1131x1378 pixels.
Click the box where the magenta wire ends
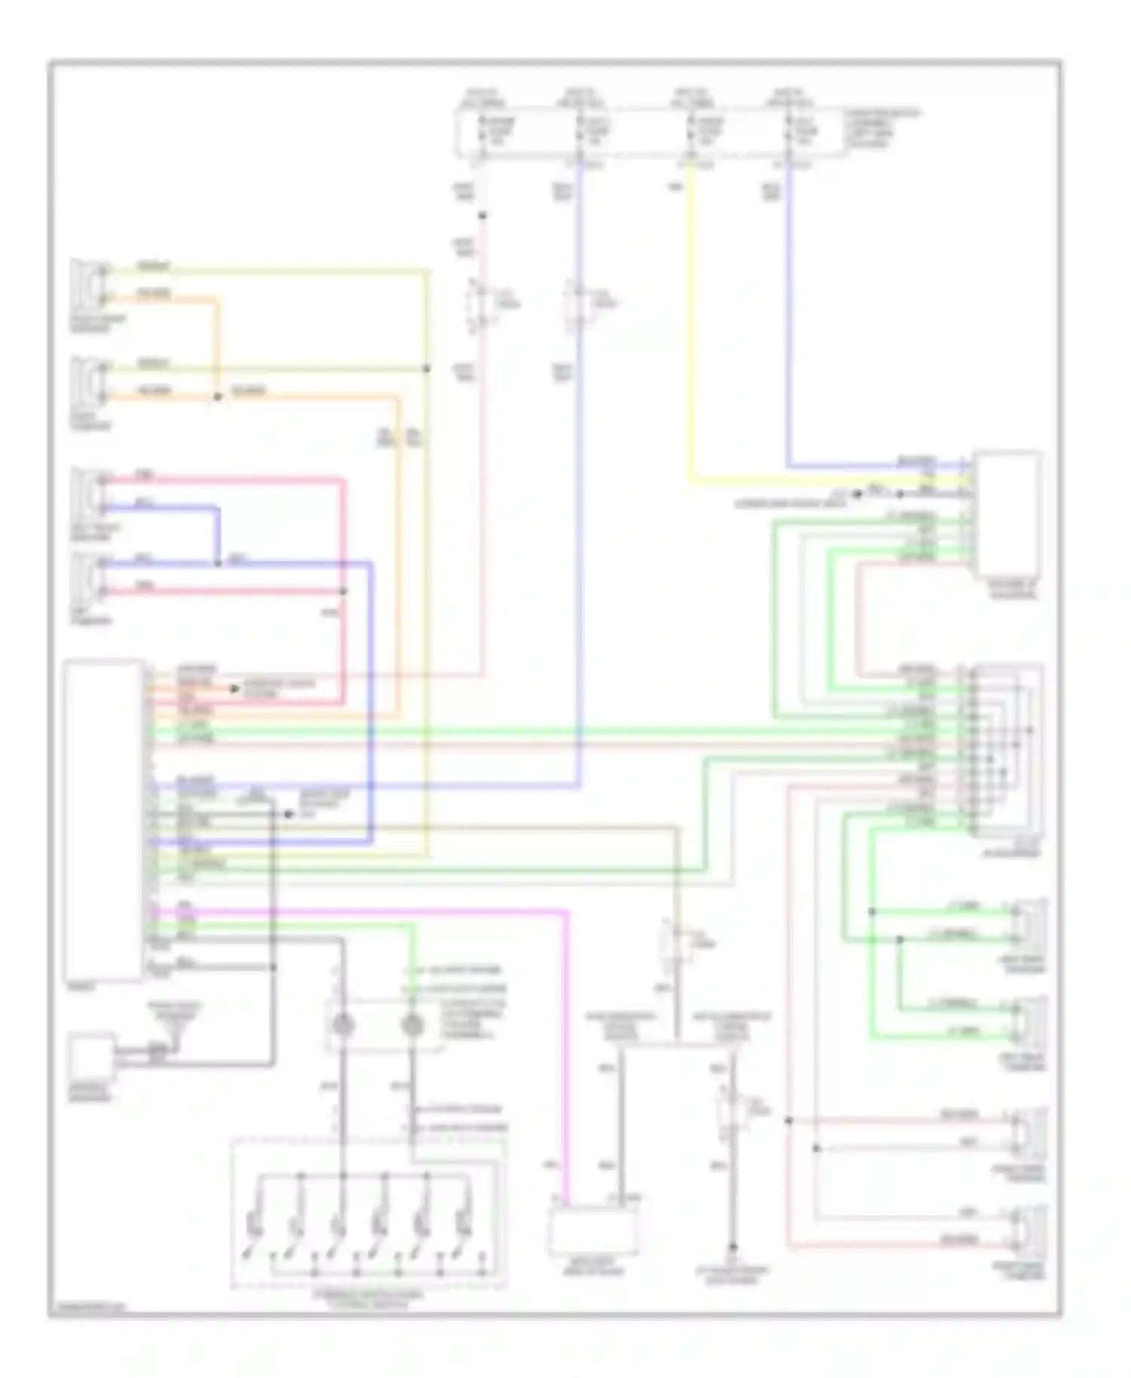click(594, 1227)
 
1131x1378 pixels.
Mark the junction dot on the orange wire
click(218, 396)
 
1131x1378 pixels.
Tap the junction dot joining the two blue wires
click(218, 562)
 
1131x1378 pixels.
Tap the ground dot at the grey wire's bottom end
click(732, 1248)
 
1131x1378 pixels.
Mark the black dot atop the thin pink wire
click(483, 216)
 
